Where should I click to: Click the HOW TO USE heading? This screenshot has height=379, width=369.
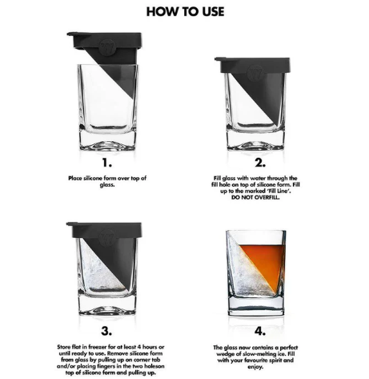pos(185,11)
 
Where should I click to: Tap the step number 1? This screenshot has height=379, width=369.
pos(106,163)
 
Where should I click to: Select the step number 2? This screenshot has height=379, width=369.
pos(260,163)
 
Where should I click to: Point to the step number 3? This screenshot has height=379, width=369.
pos(106,331)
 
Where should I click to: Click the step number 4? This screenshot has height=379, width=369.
pos(260,331)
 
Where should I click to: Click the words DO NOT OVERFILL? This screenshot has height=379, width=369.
pos(255,198)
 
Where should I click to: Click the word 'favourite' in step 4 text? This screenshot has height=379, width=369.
pos(258,361)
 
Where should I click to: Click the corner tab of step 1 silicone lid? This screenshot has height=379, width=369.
pos(70,34)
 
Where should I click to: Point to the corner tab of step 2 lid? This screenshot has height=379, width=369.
pos(219,59)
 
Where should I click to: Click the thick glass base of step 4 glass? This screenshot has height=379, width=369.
pos(256,306)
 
